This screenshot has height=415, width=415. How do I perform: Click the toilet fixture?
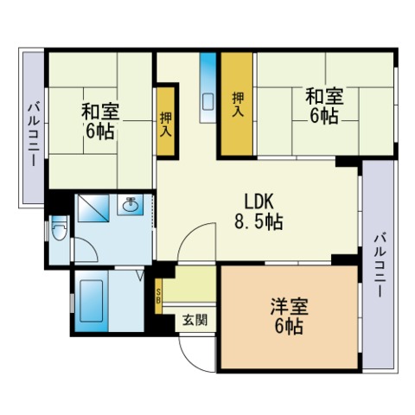pyautogui.click(x=59, y=228)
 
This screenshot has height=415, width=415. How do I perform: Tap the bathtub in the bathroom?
pyautogui.click(x=91, y=301)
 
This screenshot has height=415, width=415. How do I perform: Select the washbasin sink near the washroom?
pyautogui.click(x=131, y=205)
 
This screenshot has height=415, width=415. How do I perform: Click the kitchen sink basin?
pyautogui.click(x=207, y=101)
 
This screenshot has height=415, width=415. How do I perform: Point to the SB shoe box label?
pyautogui.click(x=158, y=296)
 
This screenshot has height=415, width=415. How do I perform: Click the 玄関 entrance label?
pyautogui.click(x=195, y=320)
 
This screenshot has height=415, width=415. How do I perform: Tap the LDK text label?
pyautogui.click(x=259, y=202)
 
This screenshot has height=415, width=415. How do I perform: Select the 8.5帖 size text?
pyautogui.click(x=259, y=221)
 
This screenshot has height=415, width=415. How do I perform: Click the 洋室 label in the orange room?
pyautogui.click(x=289, y=307)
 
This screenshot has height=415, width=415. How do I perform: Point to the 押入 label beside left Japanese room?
pyautogui.click(x=166, y=124)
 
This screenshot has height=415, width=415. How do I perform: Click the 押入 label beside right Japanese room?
pyautogui.click(x=238, y=105)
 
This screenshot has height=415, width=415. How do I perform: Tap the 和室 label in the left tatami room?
pyautogui.click(x=100, y=112)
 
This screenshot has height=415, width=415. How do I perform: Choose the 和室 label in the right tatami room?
pyautogui.click(x=324, y=96)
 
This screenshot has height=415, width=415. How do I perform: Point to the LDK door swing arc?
pyautogui.click(x=191, y=233)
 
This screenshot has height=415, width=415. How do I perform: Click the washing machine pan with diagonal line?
pyautogui.click(x=93, y=208)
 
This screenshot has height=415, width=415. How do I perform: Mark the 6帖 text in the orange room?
pyautogui.click(x=289, y=326)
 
